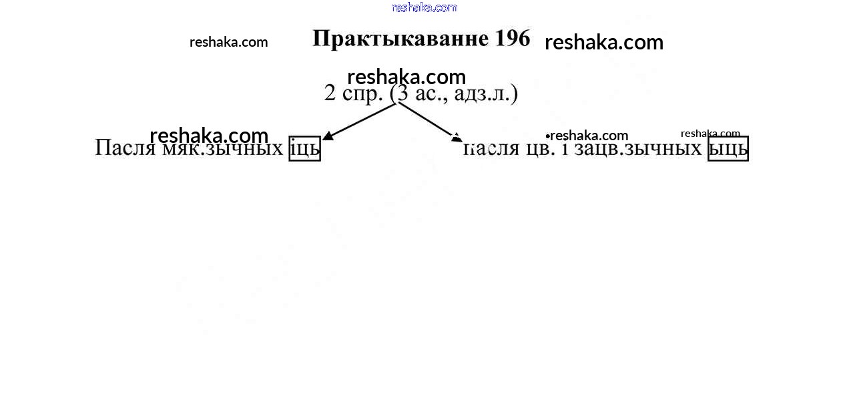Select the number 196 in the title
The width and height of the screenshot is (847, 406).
(513, 38)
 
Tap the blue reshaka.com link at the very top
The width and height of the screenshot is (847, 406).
(424, 7)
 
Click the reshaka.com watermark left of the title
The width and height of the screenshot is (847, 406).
(228, 42)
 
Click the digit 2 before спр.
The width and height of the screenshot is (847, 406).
(330, 93)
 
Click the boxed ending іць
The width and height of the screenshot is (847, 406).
(305, 149)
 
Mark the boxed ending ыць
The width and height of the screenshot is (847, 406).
(728, 149)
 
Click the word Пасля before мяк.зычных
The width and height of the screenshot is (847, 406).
(125, 148)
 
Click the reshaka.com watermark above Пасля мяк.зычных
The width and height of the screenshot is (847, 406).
(209, 136)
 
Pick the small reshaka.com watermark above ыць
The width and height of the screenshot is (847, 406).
(710, 133)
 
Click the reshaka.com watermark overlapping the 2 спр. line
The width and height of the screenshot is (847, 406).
(406, 77)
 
